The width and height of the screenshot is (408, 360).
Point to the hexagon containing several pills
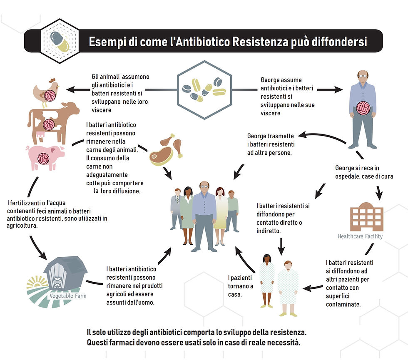pos(204,89)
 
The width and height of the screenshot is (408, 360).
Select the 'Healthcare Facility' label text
pos(360,236)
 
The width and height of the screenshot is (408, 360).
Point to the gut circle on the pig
pos(44,157)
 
